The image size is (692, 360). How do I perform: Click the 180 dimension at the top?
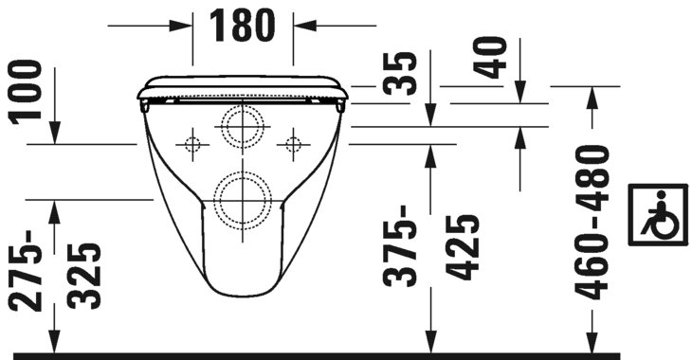(x=242, y=26)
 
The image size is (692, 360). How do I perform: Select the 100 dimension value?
(x=27, y=92)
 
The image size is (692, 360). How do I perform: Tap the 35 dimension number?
(x=400, y=73)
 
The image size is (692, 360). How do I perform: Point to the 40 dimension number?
(x=490, y=58)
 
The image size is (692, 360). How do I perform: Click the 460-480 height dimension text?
(x=593, y=223)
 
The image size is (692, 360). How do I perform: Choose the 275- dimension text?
(x=26, y=270)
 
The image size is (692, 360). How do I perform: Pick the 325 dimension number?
(x=84, y=276)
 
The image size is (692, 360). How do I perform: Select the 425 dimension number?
(x=463, y=247)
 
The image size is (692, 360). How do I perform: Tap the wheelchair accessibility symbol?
(x=658, y=214)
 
